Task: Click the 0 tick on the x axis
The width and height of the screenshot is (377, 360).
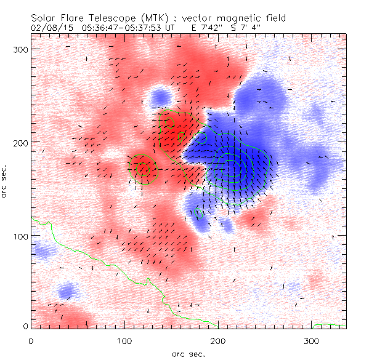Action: click(31, 340)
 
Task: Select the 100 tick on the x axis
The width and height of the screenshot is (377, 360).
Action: click(124, 340)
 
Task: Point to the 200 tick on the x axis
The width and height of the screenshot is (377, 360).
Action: click(218, 340)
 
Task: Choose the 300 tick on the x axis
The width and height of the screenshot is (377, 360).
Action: click(312, 340)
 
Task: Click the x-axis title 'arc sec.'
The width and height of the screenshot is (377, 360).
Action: click(188, 353)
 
